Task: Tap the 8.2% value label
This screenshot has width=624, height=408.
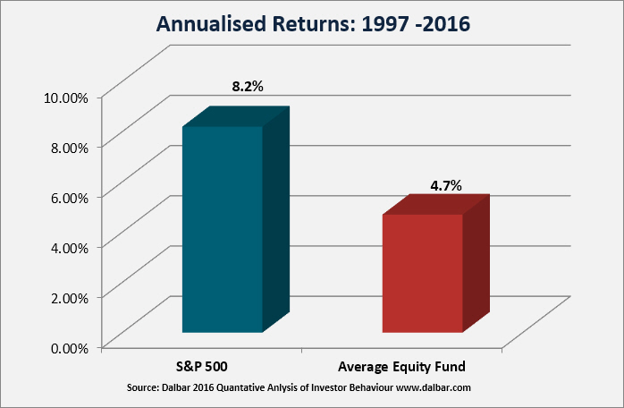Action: [248, 86]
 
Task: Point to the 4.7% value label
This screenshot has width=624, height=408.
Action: [446, 185]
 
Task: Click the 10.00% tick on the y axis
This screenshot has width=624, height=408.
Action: [65, 98]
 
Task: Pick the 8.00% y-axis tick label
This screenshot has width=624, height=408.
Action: [69, 148]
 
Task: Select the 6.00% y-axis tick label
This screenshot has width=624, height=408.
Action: [69, 198]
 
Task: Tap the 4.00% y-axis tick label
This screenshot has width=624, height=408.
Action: [69, 248]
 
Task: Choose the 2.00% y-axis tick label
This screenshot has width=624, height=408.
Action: [69, 298]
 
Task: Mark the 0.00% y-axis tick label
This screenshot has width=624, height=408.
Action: [69, 348]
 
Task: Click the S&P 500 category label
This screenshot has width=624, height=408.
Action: [202, 366]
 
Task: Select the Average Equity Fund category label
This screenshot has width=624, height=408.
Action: [401, 367]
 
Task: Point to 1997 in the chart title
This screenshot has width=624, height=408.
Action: [385, 24]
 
